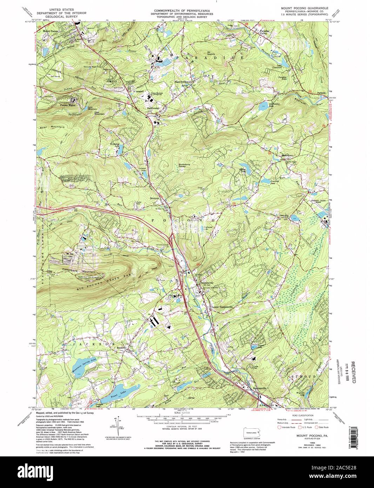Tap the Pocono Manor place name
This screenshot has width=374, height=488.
(68, 105)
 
